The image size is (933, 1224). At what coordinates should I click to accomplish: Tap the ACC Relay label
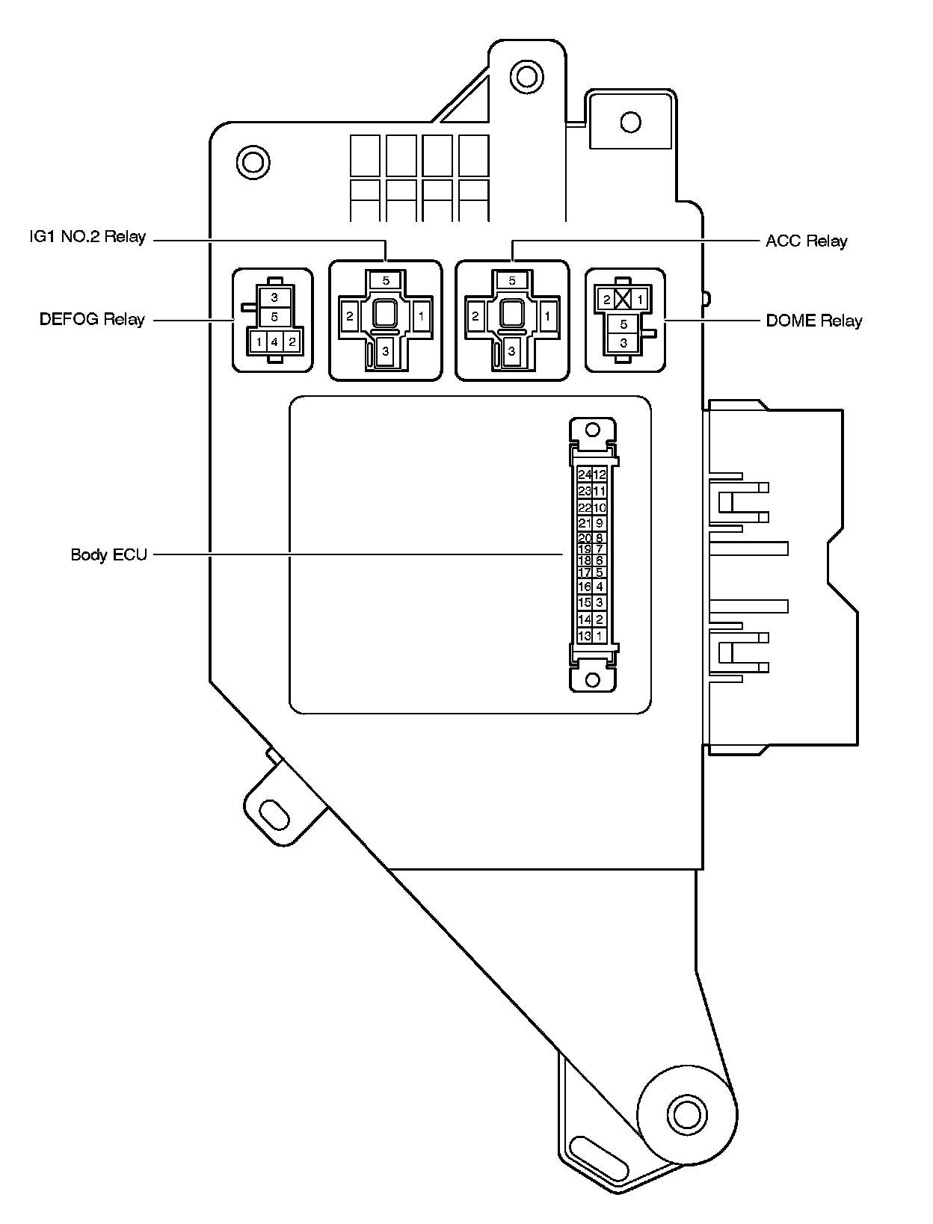pyautogui.click(x=806, y=241)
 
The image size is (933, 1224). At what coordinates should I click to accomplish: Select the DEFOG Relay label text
pyautogui.click(x=92, y=320)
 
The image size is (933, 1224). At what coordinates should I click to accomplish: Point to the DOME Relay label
pyautogui.click(x=814, y=321)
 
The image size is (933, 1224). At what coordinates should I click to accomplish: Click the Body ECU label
pyautogui.click(x=109, y=554)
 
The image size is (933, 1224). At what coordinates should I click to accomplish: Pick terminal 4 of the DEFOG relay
pyautogui.click(x=274, y=342)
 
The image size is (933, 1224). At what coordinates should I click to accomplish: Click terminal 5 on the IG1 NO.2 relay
pyautogui.click(x=386, y=281)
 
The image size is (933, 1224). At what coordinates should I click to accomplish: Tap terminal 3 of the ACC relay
pyautogui.click(x=511, y=350)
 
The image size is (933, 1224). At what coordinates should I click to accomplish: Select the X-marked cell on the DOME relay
pyautogui.click(x=622, y=300)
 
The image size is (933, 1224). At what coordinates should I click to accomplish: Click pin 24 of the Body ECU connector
pyautogui.click(x=585, y=475)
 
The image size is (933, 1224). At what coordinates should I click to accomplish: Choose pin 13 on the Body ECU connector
pyautogui.click(x=585, y=636)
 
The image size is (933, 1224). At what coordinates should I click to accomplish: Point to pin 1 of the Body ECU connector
pyautogui.click(x=599, y=636)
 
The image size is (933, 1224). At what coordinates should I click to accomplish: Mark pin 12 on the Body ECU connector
pyautogui.click(x=599, y=475)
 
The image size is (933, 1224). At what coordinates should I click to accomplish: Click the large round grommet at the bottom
pyautogui.click(x=685, y=1116)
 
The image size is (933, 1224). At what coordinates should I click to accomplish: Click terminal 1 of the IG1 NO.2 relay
pyautogui.click(x=421, y=316)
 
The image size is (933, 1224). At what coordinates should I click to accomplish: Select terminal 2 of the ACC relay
pyautogui.click(x=475, y=316)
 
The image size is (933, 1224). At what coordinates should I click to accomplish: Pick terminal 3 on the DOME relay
pyautogui.click(x=623, y=343)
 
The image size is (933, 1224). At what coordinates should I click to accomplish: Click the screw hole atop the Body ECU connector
pyautogui.click(x=593, y=429)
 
